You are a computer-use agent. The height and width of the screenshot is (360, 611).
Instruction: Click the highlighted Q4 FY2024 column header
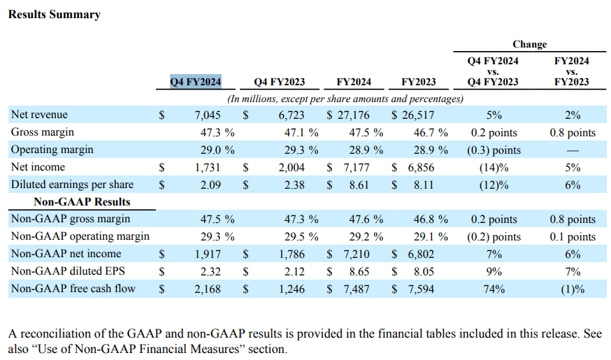[196, 82]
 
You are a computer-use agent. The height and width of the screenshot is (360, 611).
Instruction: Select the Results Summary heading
[54, 15]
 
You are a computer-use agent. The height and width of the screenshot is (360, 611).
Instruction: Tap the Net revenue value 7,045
[208, 115]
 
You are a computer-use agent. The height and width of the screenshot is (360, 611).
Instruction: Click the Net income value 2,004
[292, 168]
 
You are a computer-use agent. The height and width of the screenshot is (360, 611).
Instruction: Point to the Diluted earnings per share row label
[72, 185]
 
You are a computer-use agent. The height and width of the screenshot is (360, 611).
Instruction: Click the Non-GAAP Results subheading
[82, 202]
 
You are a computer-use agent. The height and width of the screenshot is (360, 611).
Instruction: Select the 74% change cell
[494, 289]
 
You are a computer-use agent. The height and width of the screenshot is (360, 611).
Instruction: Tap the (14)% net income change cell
[494, 168]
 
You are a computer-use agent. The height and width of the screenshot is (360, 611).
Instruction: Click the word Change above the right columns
[530, 44]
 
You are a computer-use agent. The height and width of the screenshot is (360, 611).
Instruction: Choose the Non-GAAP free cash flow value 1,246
[292, 289]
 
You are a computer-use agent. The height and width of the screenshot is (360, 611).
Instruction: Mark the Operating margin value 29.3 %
[301, 150]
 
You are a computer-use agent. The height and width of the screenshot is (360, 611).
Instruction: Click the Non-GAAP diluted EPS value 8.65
[359, 271]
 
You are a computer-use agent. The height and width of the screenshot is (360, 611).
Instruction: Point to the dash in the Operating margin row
[573, 150]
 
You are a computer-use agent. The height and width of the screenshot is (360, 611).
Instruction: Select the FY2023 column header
[419, 82]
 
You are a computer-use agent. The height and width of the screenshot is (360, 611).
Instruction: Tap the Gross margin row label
[43, 132]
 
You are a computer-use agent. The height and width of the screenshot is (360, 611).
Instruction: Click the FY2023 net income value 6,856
[421, 168]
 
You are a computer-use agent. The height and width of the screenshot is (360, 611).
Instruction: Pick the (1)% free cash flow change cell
[573, 289]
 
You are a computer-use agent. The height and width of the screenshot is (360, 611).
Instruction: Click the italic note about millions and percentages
[345, 99]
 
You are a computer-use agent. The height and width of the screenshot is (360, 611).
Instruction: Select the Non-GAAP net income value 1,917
[208, 254]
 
